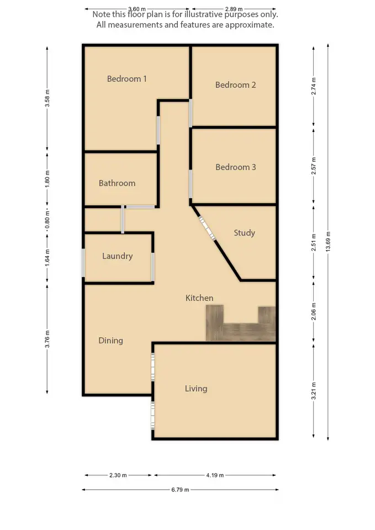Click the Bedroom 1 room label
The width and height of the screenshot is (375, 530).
[126, 79]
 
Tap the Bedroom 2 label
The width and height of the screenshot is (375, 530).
[235, 85]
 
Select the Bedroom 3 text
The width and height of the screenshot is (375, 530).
[235, 167]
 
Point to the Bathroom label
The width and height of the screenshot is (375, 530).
[117, 183]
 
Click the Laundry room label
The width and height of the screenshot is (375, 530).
[117, 256]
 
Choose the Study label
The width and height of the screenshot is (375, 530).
[244, 233]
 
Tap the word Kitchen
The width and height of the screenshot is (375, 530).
[199, 298]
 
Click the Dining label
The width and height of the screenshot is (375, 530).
[110, 341]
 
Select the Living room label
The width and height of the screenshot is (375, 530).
[196, 389]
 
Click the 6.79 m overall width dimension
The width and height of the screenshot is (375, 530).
[179, 490]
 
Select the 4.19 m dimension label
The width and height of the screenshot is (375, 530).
[215, 475]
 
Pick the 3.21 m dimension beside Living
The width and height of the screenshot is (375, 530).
[314, 390]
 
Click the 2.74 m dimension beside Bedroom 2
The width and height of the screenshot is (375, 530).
[314, 86]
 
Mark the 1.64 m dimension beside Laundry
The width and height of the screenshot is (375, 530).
[47, 257]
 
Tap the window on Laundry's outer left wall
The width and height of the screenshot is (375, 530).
[83, 263]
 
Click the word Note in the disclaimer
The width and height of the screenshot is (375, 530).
[102, 15]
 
